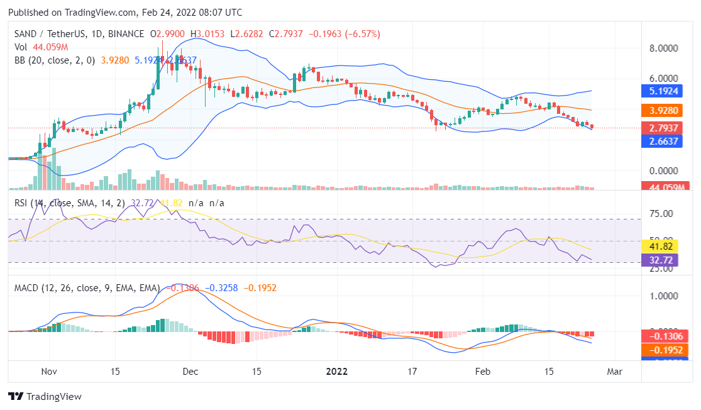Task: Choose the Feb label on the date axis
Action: point(482,371)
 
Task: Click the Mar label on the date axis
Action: point(614,371)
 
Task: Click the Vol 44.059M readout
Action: point(41,47)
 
